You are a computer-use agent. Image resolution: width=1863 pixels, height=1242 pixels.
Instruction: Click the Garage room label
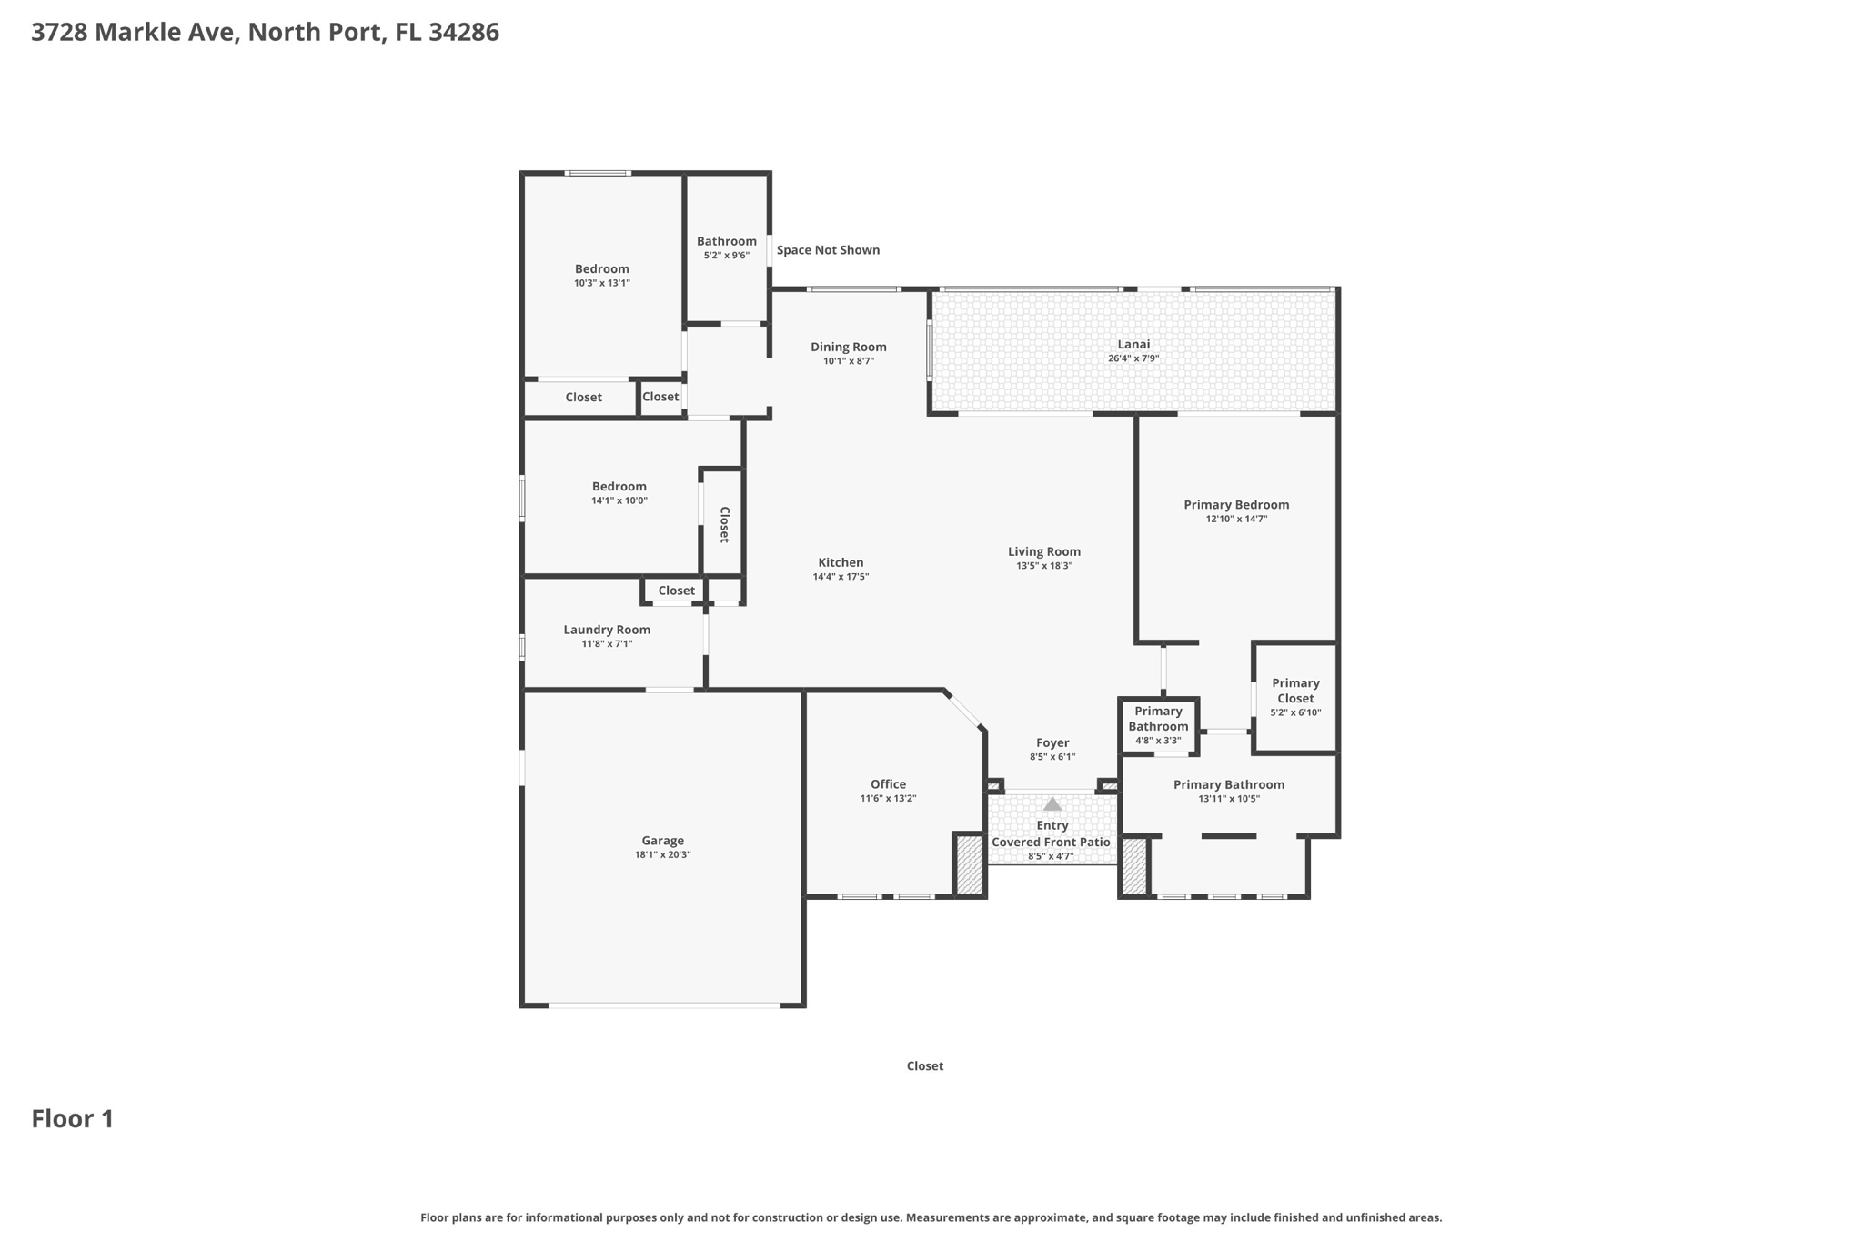pyautogui.click(x=662, y=841)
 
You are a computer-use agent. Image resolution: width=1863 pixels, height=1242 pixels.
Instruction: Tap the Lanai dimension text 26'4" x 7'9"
pyautogui.click(x=1133, y=358)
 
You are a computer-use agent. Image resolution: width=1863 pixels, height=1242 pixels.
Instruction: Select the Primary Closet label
pyautogui.click(x=1295, y=691)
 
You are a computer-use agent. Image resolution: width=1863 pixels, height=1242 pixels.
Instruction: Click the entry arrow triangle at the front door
pyautogui.click(x=1052, y=804)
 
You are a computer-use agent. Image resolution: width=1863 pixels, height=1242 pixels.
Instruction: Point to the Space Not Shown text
pyautogui.click(x=828, y=250)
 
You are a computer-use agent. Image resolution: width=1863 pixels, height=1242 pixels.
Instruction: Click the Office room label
pyautogui.click(x=888, y=784)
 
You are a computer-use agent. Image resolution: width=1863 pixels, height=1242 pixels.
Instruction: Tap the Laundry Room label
pyautogui.click(x=607, y=630)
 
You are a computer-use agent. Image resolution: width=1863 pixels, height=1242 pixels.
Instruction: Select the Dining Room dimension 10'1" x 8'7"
pyautogui.click(x=849, y=361)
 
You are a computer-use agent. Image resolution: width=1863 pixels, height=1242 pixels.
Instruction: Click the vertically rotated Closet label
pyautogui.click(x=725, y=524)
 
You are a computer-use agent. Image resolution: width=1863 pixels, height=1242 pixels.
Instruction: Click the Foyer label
pyautogui.click(x=1052, y=742)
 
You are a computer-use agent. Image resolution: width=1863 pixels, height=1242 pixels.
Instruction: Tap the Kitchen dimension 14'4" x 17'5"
pyautogui.click(x=841, y=577)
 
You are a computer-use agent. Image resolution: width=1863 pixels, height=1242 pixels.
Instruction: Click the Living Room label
pyautogui.click(x=1044, y=551)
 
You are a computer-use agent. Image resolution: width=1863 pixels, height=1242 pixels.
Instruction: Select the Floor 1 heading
pyautogui.click(x=73, y=1118)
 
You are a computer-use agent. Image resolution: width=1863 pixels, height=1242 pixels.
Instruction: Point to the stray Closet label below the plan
pyautogui.click(x=924, y=1066)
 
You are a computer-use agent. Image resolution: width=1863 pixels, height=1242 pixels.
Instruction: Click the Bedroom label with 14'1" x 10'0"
pyautogui.click(x=619, y=487)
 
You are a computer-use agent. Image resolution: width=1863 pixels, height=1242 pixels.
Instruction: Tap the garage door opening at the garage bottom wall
pyautogui.click(x=664, y=1005)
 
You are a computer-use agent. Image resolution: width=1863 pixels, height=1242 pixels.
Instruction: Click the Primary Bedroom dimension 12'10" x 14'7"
pyautogui.click(x=1236, y=520)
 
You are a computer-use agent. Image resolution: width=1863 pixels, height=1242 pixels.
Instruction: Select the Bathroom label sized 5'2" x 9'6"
pyautogui.click(x=727, y=241)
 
